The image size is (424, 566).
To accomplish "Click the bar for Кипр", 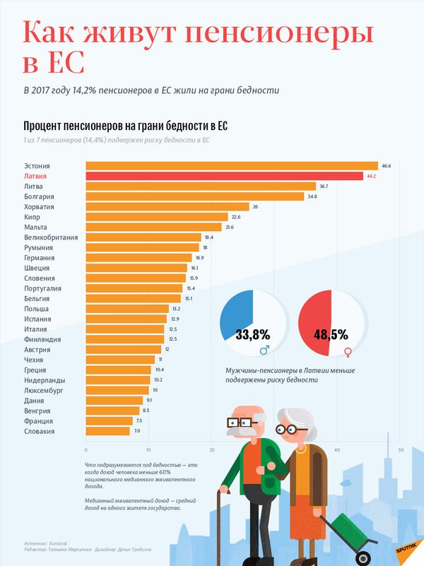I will (x=156, y=217).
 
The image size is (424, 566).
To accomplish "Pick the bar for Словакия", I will (x=107, y=431).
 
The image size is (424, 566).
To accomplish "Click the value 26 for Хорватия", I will (x=255, y=207).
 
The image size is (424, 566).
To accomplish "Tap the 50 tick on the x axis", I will (x=400, y=450).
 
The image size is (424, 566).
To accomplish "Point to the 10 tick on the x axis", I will (x=148, y=450).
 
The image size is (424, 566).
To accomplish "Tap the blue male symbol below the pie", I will (x=264, y=350).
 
